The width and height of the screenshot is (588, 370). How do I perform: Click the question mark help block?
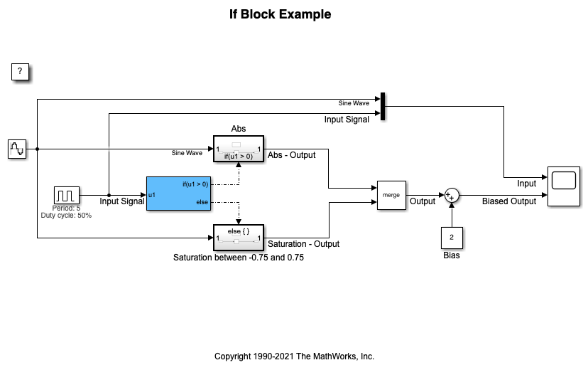(21, 72)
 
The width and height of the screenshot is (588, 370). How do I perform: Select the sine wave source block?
(17, 149)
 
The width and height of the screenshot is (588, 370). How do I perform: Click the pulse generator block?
(66, 194)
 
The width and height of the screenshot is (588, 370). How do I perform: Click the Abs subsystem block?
(239, 149)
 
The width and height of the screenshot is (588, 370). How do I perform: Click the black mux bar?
(383, 106)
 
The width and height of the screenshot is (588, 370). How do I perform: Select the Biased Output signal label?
(509, 201)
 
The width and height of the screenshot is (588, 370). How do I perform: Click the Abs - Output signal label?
(292, 155)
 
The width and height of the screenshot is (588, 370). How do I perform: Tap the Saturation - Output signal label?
(303, 244)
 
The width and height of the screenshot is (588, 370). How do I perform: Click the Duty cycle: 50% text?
(66, 215)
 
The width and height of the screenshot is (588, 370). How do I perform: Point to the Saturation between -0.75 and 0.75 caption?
(239, 258)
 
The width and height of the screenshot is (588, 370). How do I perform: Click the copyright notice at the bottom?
(294, 356)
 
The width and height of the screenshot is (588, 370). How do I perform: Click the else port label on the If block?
(202, 203)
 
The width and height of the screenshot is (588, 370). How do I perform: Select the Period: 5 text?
(66, 208)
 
